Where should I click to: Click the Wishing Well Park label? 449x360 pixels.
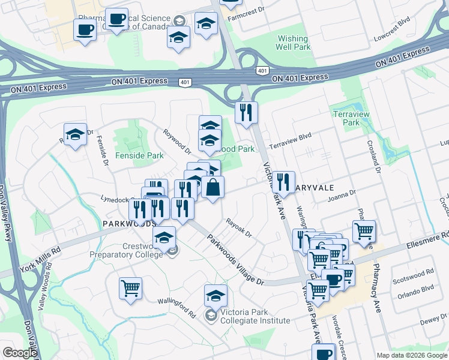(293, 43)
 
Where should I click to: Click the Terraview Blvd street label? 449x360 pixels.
(291, 141)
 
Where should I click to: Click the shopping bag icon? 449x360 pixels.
(212, 187)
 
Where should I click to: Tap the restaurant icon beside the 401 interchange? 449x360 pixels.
(246, 112)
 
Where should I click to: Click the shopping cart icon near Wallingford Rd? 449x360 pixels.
(130, 289)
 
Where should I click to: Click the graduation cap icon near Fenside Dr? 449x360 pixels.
(76, 134)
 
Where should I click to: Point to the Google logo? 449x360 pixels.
(20, 353)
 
